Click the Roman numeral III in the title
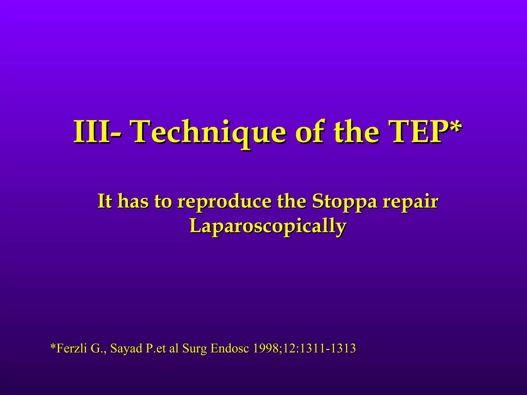(x=91, y=132)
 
